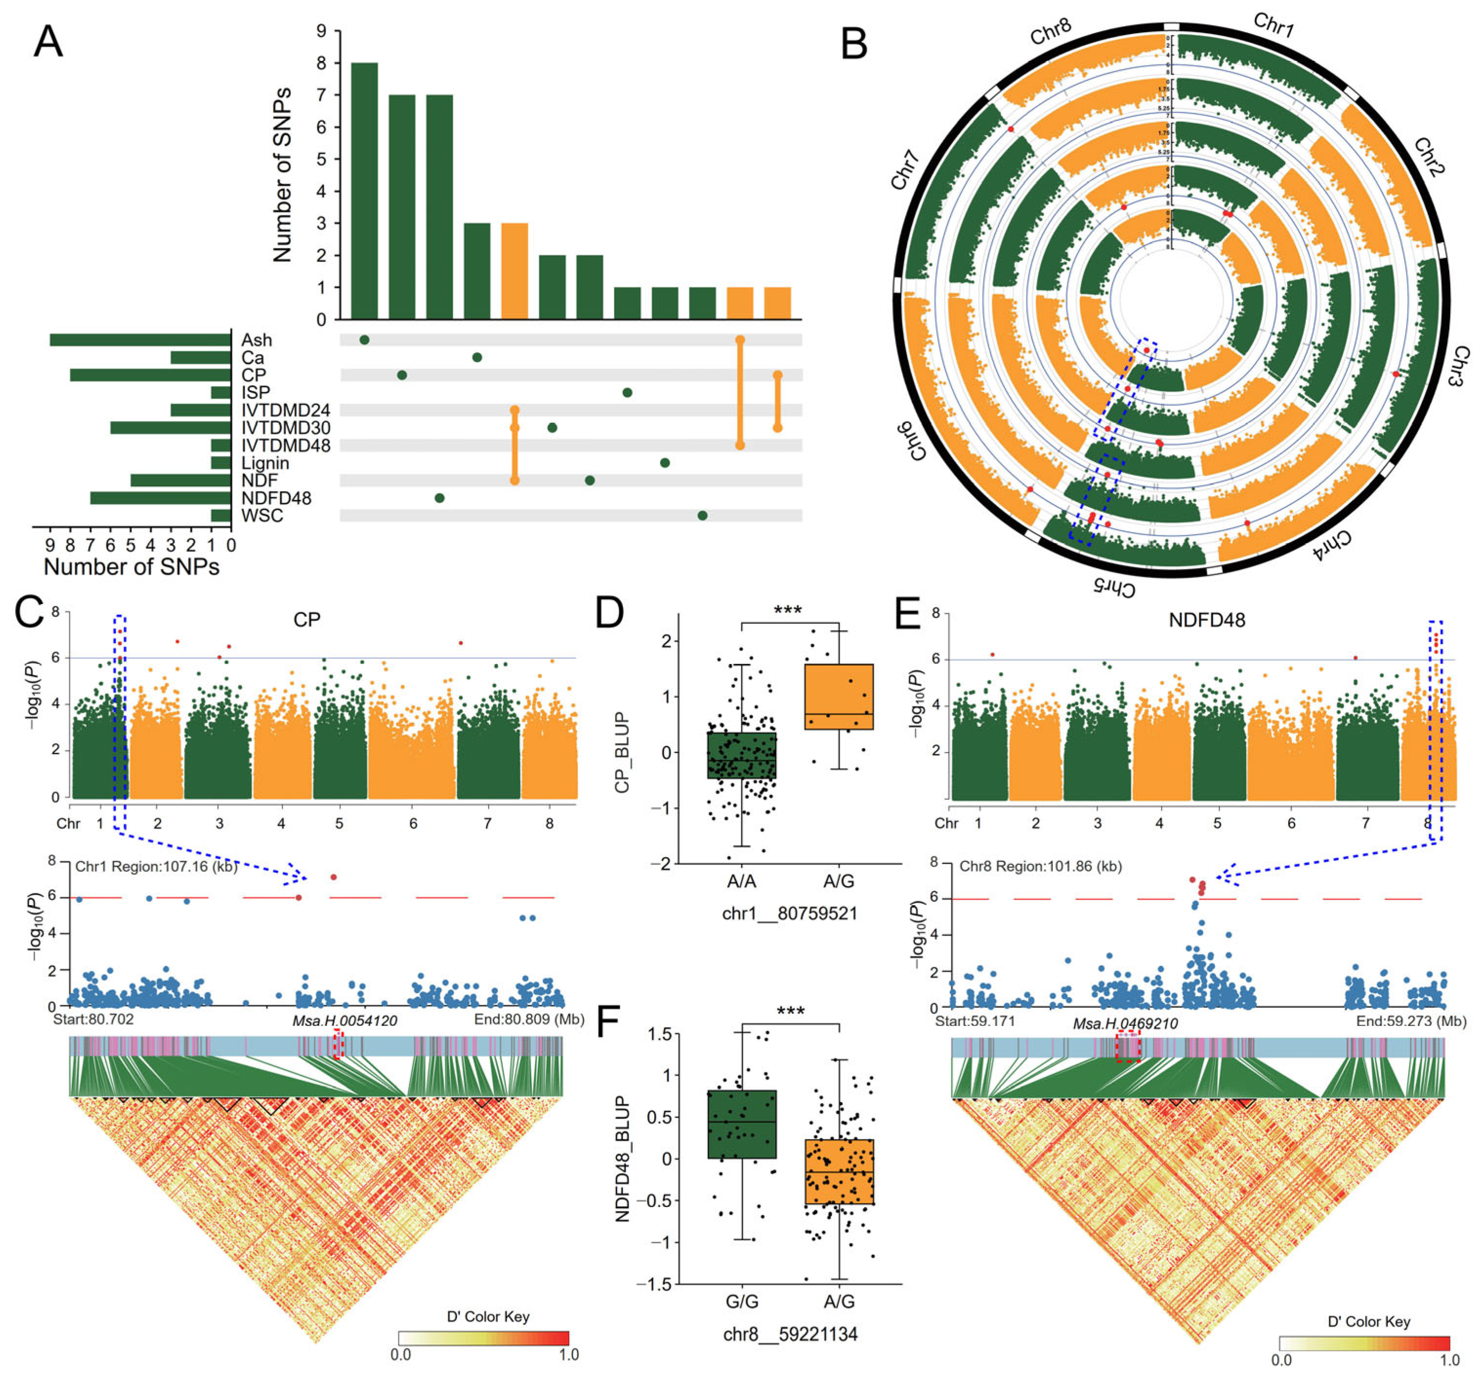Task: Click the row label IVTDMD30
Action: tap(286, 428)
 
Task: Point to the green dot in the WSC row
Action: tap(702, 516)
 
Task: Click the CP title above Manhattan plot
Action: tap(307, 620)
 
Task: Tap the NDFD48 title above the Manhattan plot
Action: tap(1207, 620)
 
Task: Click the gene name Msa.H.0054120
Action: tap(345, 1020)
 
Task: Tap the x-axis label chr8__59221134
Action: tap(790, 1334)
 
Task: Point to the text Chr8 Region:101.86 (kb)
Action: tap(1040, 866)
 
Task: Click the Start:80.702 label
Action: tap(93, 1019)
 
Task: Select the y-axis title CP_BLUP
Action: tap(622, 752)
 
